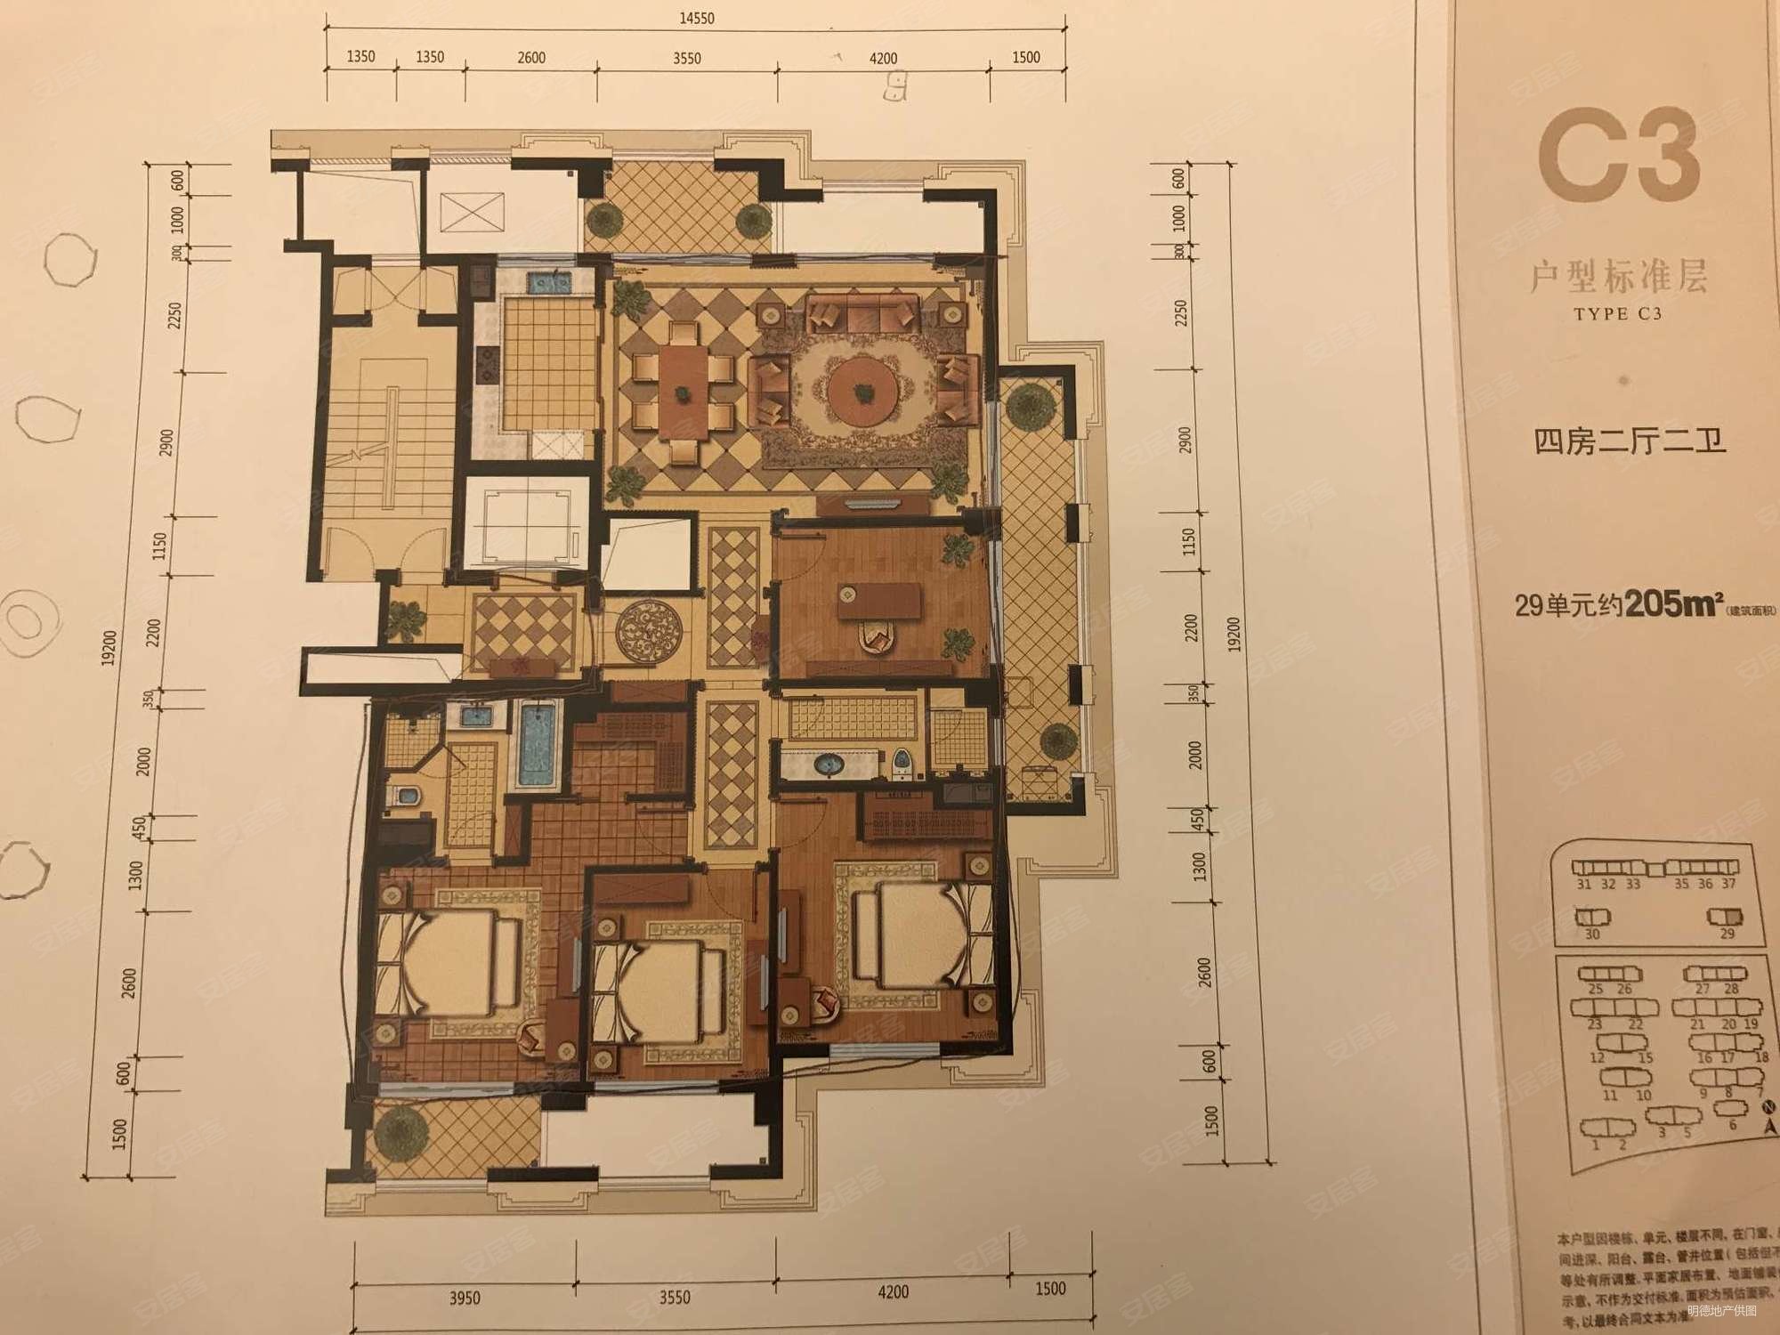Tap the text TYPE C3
[x=1617, y=314]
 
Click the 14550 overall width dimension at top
[x=696, y=18]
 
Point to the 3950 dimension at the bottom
[x=464, y=1299]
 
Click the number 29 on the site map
[x=1727, y=934]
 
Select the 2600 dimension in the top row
[x=530, y=58]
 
